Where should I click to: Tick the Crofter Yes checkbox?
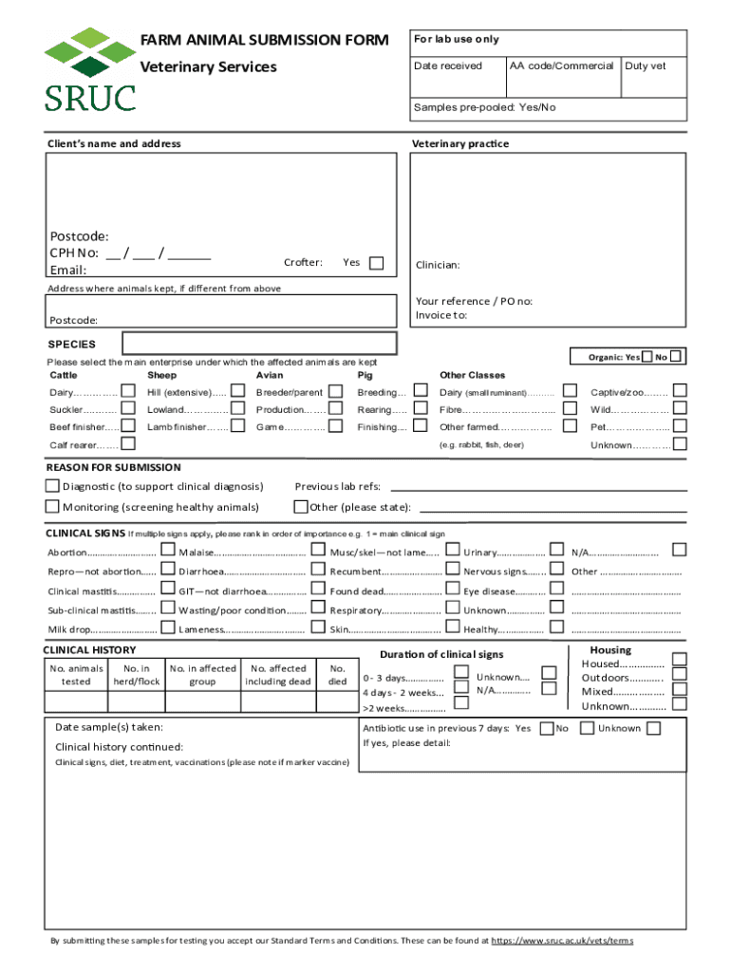click(376, 263)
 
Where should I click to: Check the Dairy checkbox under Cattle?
click(128, 392)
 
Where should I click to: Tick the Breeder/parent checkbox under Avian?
click(334, 392)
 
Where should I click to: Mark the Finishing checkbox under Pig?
click(419, 427)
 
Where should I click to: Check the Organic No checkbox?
click(676, 357)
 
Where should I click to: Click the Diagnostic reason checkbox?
click(53, 486)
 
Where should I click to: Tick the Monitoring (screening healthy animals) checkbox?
click(53, 506)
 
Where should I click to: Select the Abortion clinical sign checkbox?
click(167, 551)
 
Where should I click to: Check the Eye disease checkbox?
click(556, 590)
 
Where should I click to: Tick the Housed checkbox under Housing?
click(678, 660)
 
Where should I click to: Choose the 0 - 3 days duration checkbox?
click(460, 672)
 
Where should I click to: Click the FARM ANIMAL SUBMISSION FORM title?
click(264, 40)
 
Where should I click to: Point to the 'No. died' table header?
click(337, 675)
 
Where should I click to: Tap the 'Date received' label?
click(448, 65)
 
